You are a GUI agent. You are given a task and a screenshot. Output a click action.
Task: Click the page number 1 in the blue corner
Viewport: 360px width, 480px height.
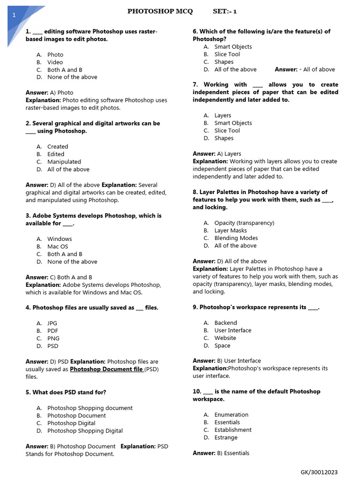click(x=14, y=15)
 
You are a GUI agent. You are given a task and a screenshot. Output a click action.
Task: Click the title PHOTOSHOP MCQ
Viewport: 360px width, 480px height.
click(x=160, y=12)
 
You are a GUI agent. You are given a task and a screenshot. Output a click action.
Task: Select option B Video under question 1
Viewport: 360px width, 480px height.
click(x=55, y=62)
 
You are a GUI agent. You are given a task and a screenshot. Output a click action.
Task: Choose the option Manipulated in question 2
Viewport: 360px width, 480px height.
click(x=64, y=162)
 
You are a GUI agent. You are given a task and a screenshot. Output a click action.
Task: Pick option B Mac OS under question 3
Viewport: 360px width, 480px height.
click(x=58, y=247)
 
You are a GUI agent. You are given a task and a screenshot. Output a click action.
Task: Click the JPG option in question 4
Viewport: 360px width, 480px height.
click(x=52, y=323)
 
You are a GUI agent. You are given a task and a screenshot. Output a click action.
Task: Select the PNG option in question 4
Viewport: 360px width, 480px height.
click(x=53, y=338)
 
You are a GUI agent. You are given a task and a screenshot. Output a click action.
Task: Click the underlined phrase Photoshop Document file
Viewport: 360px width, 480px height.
click(x=106, y=369)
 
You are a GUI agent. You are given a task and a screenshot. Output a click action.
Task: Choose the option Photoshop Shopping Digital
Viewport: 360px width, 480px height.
click(x=85, y=431)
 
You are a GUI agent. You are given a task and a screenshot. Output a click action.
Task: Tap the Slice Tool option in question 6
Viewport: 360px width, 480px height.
click(x=227, y=54)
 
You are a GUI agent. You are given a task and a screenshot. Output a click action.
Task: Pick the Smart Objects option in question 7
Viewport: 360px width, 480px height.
click(x=233, y=123)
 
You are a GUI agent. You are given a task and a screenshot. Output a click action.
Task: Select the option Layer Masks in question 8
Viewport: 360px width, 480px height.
click(x=231, y=231)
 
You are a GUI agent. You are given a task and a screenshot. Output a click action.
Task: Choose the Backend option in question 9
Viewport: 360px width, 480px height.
click(x=225, y=323)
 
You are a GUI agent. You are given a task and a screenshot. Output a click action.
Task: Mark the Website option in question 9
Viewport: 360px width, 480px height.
click(x=225, y=338)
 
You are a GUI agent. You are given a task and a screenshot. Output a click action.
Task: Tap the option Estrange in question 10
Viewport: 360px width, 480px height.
click(x=226, y=437)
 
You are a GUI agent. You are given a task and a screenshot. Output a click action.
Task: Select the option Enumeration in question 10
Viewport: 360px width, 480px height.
click(x=231, y=415)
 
